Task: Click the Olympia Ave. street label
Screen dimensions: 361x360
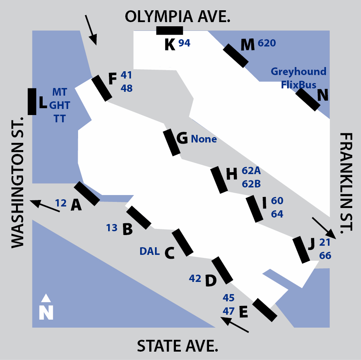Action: pyautogui.click(x=177, y=17)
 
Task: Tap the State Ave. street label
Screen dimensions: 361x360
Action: pyautogui.click(x=177, y=346)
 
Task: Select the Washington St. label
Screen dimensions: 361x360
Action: pyautogui.click(x=18, y=182)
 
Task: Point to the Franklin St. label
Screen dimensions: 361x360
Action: pyautogui.click(x=346, y=183)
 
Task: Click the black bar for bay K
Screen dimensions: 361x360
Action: pyautogui.click(x=170, y=30)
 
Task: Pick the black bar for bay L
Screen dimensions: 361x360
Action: pyautogui.click(x=32, y=101)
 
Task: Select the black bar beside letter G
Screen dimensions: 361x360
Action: pyautogui.click(x=172, y=142)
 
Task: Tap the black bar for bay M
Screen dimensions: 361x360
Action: pyautogui.click(x=236, y=56)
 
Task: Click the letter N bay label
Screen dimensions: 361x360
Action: pyautogui.click(x=323, y=94)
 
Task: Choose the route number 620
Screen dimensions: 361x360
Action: pyautogui.click(x=267, y=43)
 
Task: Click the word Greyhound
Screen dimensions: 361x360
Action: pyautogui.click(x=299, y=72)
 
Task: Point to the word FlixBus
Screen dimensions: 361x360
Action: pyautogui.click(x=299, y=85)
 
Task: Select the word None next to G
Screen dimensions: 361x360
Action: pyautogui.click(x=204, y=139)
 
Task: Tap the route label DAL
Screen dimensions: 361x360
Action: pyautogui.click(x=150, y=251)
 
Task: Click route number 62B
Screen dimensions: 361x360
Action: pyautogui.click(x=251, y=184)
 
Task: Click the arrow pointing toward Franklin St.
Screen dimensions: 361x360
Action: pyautogui.click(x=324, y=228)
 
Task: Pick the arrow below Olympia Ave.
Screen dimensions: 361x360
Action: pyautogui.click(x=91, y=30)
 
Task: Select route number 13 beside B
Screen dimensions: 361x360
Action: pyautogui.click(x=112, y=228)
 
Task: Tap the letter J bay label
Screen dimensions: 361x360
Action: pyautogui.click(x=311, y=244)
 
